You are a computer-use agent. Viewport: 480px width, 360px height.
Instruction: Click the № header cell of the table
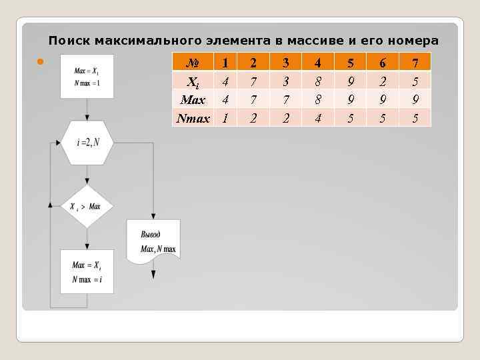tap(193, 63)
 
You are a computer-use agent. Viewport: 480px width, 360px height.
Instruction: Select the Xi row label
tap(193, 83)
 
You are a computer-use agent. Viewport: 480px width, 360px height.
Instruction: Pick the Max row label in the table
tap(193, 101)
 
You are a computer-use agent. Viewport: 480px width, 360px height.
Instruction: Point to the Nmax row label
tap(193, 119)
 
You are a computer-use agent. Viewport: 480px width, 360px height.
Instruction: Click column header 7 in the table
tap(415, 63)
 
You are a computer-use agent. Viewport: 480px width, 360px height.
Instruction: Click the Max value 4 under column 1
tap(225, 101)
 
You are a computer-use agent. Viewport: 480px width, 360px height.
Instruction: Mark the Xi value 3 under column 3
tap(285, 83)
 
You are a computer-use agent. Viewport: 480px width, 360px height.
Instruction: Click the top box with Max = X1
tap(87, 76)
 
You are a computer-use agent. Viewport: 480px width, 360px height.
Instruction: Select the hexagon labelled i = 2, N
tap(87, 142)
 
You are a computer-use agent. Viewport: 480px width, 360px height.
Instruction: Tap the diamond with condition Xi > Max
tap(87, 207)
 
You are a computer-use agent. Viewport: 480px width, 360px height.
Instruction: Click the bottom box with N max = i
tap(87, 271)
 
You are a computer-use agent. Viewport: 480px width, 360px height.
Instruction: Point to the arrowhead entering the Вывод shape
tap(154, 216)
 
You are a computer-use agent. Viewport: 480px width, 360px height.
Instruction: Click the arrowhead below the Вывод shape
tap(154, 275)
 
